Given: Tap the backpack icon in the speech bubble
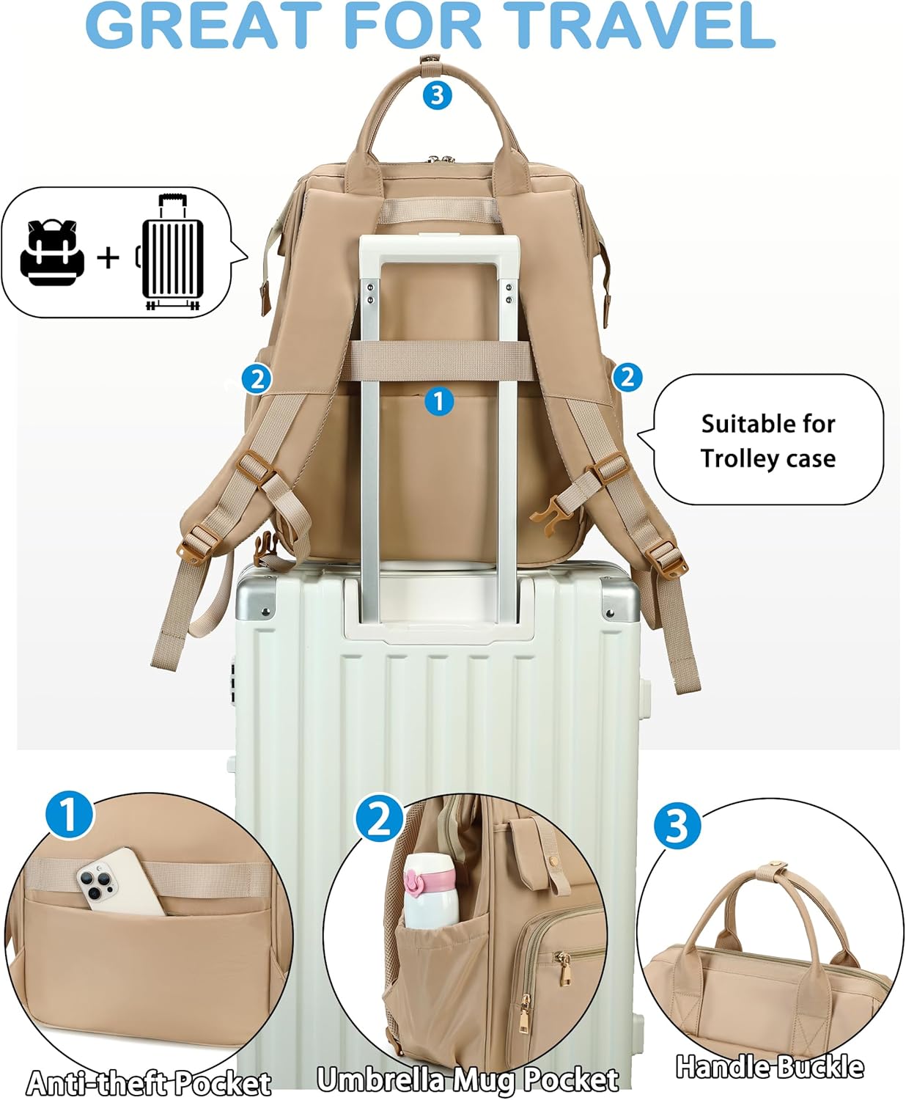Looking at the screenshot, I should [52, 252].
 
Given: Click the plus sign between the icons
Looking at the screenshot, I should [108, 257].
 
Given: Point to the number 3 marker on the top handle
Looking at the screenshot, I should [438, 95].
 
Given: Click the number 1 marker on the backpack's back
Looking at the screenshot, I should [438, 401].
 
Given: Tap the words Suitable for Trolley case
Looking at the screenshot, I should [767, 441].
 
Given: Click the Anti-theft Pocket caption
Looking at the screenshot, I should [149, 1082].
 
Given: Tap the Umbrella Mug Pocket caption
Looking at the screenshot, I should [468, 1079].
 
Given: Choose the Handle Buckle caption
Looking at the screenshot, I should [769, 1066].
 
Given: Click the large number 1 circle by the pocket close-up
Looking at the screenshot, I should [69, 814].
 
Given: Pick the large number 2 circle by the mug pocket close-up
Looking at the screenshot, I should [379, 818].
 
